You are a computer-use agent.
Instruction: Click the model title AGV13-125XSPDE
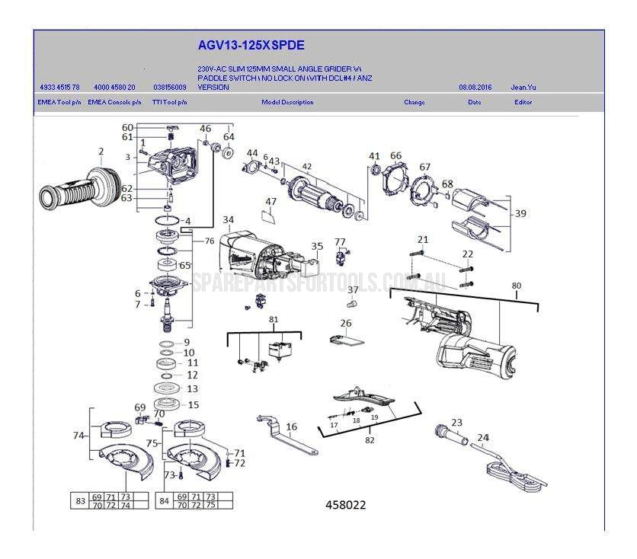pos(240,46)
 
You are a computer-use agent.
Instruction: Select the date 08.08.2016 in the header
pos(475,88)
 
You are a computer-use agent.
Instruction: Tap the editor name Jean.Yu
pos(523,88)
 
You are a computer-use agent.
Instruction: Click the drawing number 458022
pos(345,504)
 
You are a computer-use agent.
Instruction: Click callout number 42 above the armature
pos(307,167)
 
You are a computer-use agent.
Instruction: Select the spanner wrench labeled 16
pos(290,442)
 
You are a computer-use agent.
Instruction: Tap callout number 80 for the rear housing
pos(517,286)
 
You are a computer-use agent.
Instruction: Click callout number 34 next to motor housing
pos(228,220)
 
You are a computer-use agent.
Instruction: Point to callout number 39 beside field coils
pos(520,214)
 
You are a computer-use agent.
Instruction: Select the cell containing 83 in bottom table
pos(79,500)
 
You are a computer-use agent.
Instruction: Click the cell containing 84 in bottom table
pos(164,500)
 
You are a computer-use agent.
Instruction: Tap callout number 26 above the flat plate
pos(346,324)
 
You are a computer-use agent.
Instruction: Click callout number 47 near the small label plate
pos(270,202)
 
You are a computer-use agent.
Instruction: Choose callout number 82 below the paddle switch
pos(370,440)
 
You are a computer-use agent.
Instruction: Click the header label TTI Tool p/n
pos(169,102)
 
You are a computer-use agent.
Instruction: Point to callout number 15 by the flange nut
pos(193,405)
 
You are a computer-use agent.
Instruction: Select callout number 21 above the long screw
pos(423,240)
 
